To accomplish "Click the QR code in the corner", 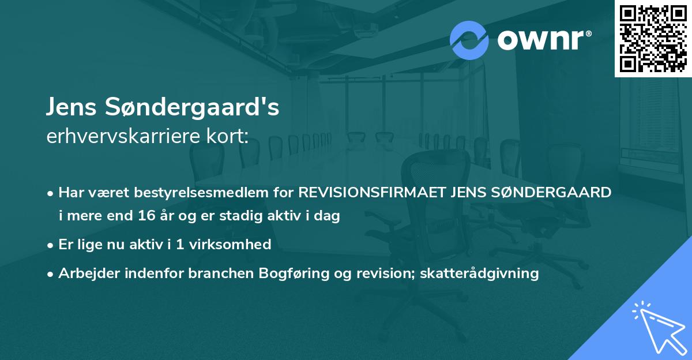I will pyautogui.click(x=653, y=39).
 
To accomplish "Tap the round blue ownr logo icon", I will pyautogui.click(x=469, y=40).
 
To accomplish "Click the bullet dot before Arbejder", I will pyautogui.click(x=51, y=273).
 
